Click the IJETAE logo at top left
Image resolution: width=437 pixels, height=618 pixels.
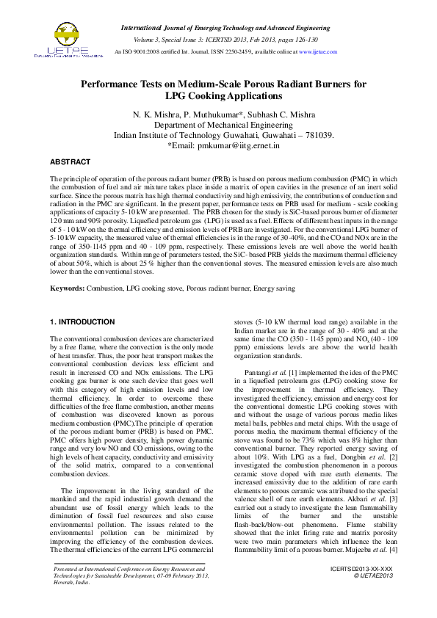[x=68, y=40]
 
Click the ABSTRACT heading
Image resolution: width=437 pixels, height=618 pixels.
[x=70, y=161]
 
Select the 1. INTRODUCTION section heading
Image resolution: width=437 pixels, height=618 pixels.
[x=81, y=322]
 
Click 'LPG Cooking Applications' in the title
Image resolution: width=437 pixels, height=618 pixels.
[x=223, y=96]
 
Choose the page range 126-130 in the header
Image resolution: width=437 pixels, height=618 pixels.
[x=303, y=39]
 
